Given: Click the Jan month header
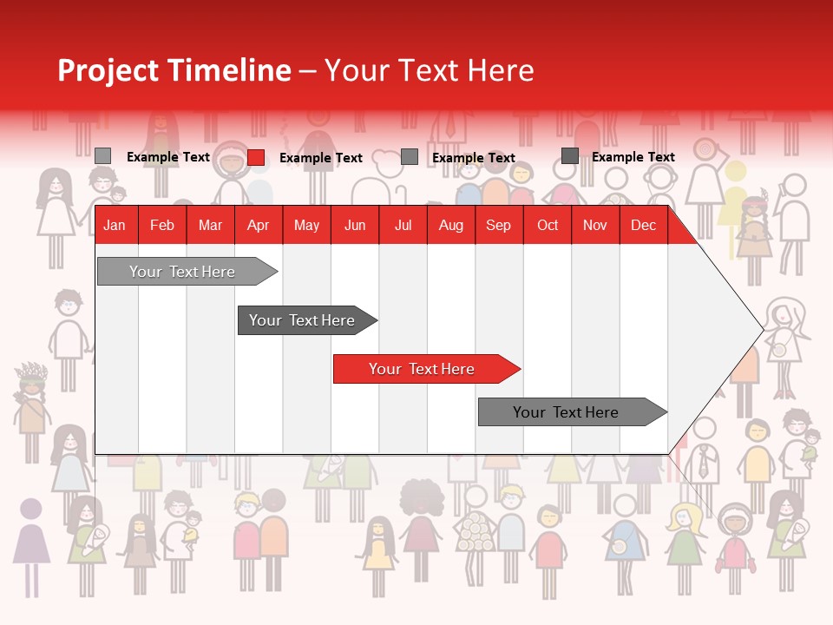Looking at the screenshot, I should pos(115,226).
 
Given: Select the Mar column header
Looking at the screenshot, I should pos(210,226).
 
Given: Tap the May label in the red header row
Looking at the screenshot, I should pos(306,226).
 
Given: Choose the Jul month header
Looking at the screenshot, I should pos(403,226).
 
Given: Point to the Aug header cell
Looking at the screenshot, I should pos(450,226).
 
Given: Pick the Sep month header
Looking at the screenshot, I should pos(498,226).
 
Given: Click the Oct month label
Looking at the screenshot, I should pos(548,226).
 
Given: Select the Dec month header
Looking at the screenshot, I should pos(643,226).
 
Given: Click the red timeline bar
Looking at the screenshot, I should pos(422,369).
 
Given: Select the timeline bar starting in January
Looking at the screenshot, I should pos(182,272).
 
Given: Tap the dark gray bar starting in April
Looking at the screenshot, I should pos(302,320).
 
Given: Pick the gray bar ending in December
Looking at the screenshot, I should pos(566,412).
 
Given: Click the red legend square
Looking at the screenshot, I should pos(256,157).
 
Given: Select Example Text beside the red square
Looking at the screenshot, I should pos(321,158).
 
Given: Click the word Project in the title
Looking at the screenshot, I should pos(108,71).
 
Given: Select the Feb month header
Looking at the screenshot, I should pos(162,226).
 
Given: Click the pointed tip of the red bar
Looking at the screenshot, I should pos(518,369).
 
